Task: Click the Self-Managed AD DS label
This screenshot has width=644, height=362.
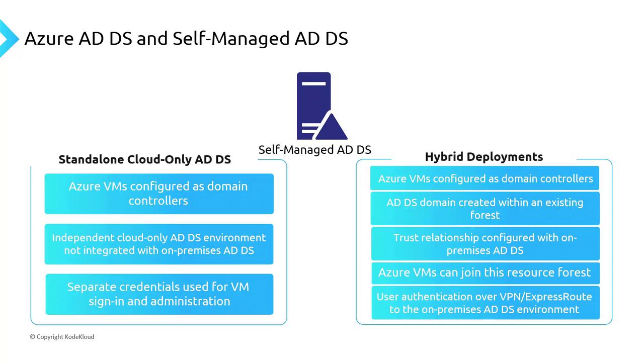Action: tap(314, 149)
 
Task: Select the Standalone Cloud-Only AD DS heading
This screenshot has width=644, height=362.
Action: tap(144, 159)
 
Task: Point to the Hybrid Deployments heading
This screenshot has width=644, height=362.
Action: tap(484, 157)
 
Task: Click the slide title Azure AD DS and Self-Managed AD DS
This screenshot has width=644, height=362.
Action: tap(186, 39)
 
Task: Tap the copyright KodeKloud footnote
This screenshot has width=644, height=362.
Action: tap(62, 336)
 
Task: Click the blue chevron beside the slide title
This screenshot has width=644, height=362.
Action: tap(8, 39)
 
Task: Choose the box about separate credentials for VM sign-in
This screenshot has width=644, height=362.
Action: tap(159, 294)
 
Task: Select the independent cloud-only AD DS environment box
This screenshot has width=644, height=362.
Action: tap(159, 244)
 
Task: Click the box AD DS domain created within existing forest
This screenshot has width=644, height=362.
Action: tap(485, 209)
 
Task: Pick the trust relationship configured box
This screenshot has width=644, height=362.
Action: tap(485, 244)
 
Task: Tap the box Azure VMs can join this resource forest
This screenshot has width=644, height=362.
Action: tap(485, 273)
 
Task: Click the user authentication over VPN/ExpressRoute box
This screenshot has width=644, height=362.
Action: tap(485, 303)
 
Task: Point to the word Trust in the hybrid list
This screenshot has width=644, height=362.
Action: tap(405, 238)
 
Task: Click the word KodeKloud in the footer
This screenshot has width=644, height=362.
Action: tap(79, 336)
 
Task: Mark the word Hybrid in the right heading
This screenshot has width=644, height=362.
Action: tap(443, 157)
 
